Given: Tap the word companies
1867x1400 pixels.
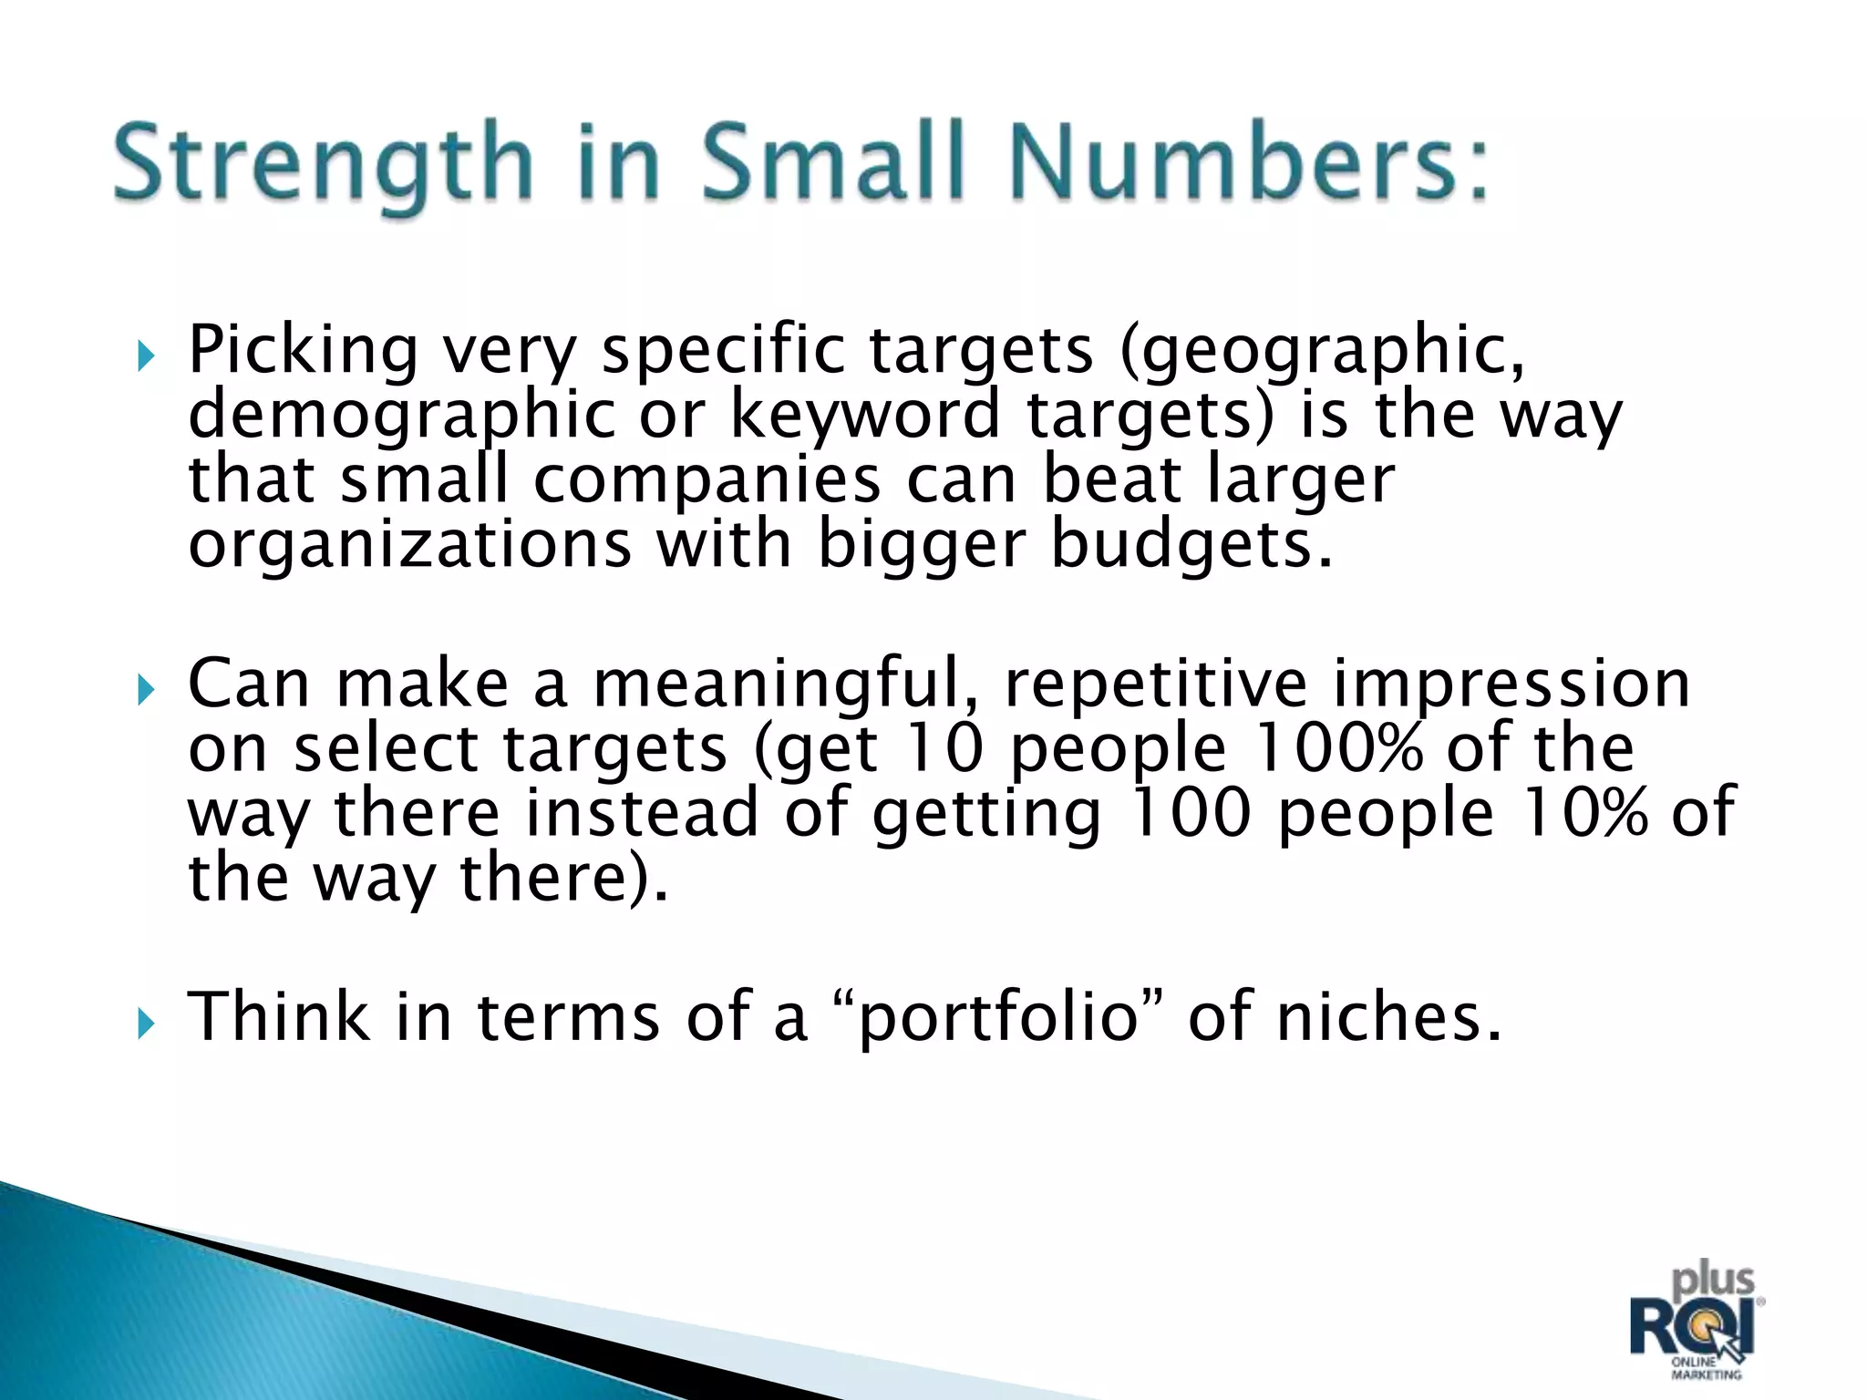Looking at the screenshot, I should (x=707, y=480).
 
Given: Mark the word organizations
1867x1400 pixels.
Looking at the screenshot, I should (x=409, y=545).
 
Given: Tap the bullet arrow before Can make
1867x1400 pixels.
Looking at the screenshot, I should (x=147, y=692).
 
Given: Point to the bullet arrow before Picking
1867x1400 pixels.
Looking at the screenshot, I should (x=147, y=357).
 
